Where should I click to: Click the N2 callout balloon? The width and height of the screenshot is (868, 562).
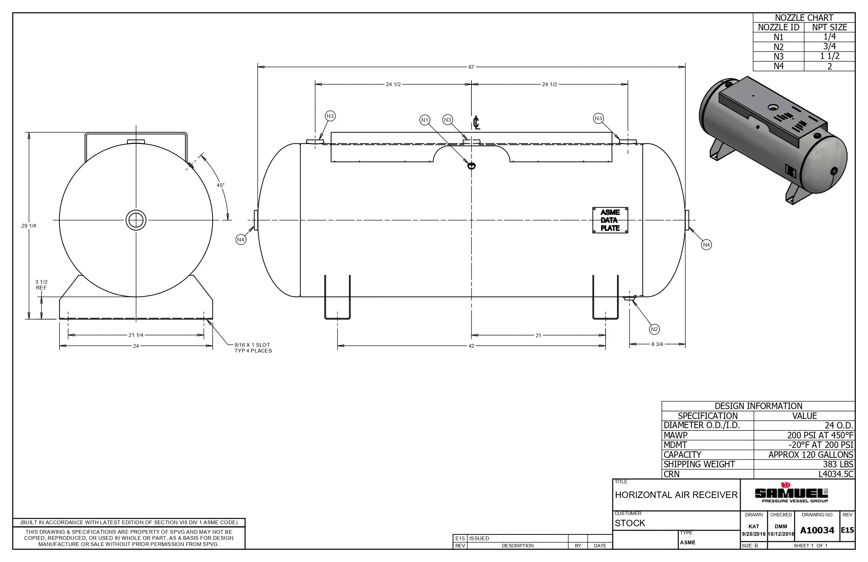pyautogui.click(x=654, y=329)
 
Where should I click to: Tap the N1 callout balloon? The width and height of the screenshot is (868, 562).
pyautogui.click(x=424, y=120)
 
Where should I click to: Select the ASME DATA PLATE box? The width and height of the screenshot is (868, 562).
pyautogui.click(x=610, y=220)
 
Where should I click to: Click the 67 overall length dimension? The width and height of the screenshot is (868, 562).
pyautogui.click(x=471, y=67)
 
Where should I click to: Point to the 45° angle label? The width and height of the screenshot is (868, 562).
pyautogui.click(x=221, y=185)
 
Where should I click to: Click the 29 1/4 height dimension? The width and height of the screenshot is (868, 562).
pyautogui.click(x=29, y=226)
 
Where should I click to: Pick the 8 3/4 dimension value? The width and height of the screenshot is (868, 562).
pyautogui.click(x=657, y=344)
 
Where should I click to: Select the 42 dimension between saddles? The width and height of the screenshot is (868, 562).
pyautogui.click(x=471, y=346)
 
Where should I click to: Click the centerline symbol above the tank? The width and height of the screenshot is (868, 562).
pyautogui.click(x=476, y=123)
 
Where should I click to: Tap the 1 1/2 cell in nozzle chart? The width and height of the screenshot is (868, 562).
pyautogui.click(x=829, y=56)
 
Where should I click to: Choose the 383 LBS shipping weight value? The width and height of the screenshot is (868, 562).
pyautogui.click(x=838, y=464)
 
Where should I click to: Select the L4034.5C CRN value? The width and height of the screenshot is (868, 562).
pyautogui.click(x=836, y=474)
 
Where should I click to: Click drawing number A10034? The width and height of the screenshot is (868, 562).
pyautogui.click(x=817, y=530)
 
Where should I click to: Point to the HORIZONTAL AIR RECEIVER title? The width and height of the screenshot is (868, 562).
pyautogui.click(x=676, y=495)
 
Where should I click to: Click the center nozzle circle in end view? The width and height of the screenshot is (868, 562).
pyautogui.click(x=136, y=220)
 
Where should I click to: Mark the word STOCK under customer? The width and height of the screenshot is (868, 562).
pyautogui.click(x=630, y=523)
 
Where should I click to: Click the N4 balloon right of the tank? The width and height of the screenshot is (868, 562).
pyautogui.click(x=706, y=245)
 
